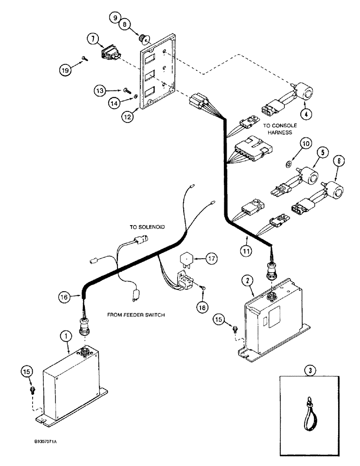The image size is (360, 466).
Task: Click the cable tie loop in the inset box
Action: coord(309,408)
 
